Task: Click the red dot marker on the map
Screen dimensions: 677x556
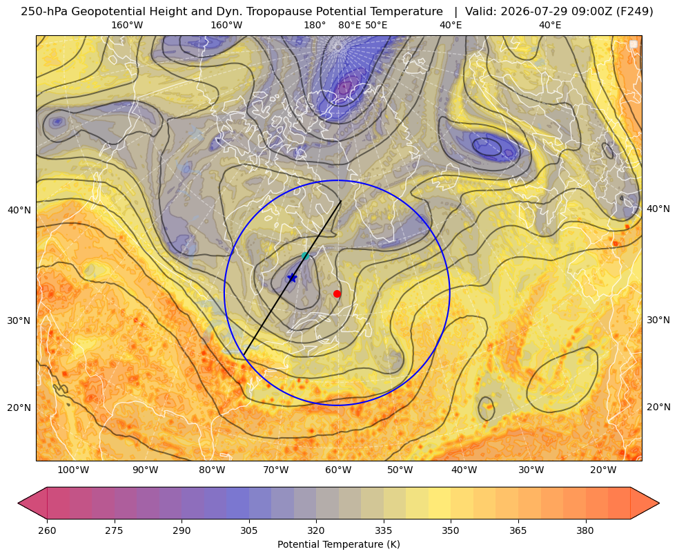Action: pos(337,294)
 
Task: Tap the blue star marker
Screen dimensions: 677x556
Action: pos(293,278)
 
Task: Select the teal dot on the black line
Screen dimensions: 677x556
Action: pos(305,256)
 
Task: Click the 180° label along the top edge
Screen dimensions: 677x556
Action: pos(315,25)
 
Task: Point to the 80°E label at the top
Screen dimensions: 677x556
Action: pos(349,25)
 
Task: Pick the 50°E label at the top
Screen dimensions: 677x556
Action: pos(376,25)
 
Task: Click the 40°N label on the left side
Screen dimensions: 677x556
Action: pos(19,211)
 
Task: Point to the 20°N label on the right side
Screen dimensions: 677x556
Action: pos(658,407)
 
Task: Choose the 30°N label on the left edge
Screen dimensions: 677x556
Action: pos(19,320)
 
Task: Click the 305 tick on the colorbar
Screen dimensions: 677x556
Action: pos(248,530)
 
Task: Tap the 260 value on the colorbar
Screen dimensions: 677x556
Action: pos(47,530)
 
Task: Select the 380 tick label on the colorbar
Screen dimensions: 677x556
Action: pos(585,530)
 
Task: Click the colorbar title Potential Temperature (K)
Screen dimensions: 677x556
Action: pos(338,544)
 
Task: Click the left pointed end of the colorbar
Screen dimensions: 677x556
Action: pos(19,503)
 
